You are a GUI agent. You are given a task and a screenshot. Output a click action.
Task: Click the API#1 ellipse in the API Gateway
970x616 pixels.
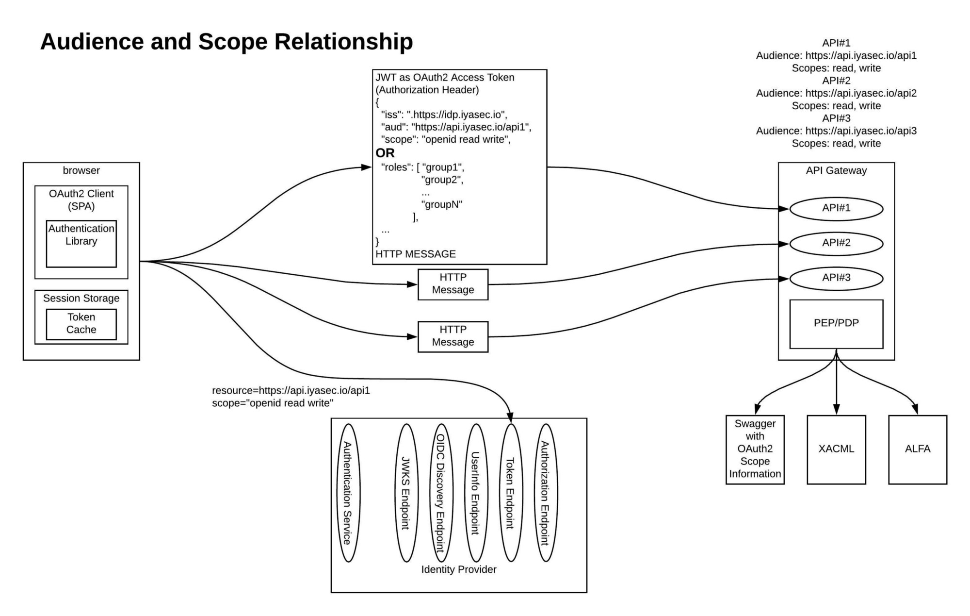pyautogui.click(x=836, y=209)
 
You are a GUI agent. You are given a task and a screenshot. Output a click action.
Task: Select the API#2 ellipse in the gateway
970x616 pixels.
pyautogui.click(x=836, y=244)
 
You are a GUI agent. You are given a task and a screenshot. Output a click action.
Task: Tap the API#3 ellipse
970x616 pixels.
pyautogui.click(x=836, y=278)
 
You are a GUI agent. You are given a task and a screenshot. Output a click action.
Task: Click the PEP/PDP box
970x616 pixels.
pyautogui.click(x=836, y=324)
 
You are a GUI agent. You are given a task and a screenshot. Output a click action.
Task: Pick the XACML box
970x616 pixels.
pyautogui.click(x=836, y=450)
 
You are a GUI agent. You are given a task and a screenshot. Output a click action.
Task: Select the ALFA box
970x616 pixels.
pyautogui.click(x=918, y=450)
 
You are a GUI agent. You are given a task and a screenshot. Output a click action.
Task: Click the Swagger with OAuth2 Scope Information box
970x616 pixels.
pyautogui.click(x=755, y=450)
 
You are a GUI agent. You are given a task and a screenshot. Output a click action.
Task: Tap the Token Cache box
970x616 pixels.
pyautogui.click(x=81, y=324)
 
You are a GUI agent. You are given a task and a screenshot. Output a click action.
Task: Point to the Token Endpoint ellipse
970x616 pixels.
pyautogui.click(x=510, y=493)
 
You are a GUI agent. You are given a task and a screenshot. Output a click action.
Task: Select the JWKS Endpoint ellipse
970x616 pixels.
pyautogui.click(x=406, y=493)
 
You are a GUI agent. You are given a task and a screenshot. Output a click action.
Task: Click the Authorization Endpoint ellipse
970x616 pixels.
pyautogui.click(x=545, y=493)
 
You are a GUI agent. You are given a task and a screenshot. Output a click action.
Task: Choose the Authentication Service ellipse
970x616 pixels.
pyautogui.click(x=348, y=493)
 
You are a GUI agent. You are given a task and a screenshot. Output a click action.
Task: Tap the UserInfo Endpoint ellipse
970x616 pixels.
pyautogui.click(x=475, y=493)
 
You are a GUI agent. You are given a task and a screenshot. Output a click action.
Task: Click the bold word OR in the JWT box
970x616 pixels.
pyautogui.click(x=385, y=153)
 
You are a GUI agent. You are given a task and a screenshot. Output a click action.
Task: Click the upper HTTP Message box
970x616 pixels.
pyautogui.click(x=453, y=284)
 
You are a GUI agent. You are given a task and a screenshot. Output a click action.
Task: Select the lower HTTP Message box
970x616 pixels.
pyautogui.click(x=453, y=336)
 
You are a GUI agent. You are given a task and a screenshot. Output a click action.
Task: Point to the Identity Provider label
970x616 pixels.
pyautogui.click(x=458, y=570)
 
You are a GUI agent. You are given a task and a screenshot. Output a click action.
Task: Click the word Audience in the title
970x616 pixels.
pyautogui.click(x=92, y=42)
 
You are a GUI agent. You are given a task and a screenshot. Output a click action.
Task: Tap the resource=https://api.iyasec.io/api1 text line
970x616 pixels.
pyautogui.click(x=291, y=391)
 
